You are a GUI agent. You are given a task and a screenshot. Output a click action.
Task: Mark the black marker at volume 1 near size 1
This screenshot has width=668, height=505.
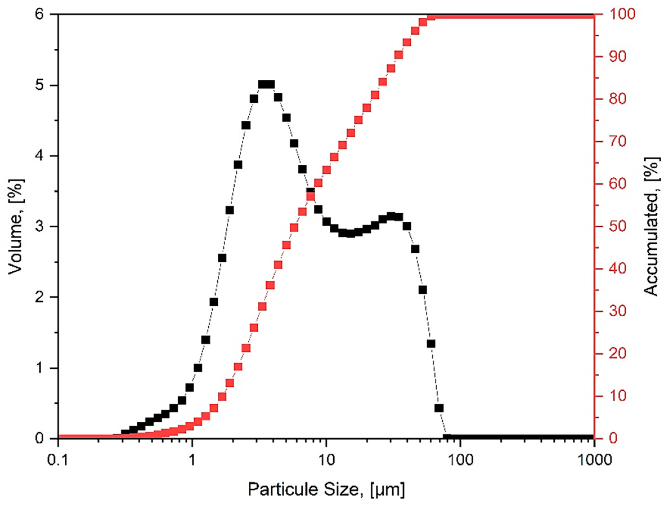point(198,368)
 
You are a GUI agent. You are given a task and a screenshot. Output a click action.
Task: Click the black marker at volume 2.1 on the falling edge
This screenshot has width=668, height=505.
point(423,290)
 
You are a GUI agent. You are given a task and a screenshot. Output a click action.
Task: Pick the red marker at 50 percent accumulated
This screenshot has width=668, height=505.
point(294,227)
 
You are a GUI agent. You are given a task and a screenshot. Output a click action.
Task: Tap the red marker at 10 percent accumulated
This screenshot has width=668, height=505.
point(222,397)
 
